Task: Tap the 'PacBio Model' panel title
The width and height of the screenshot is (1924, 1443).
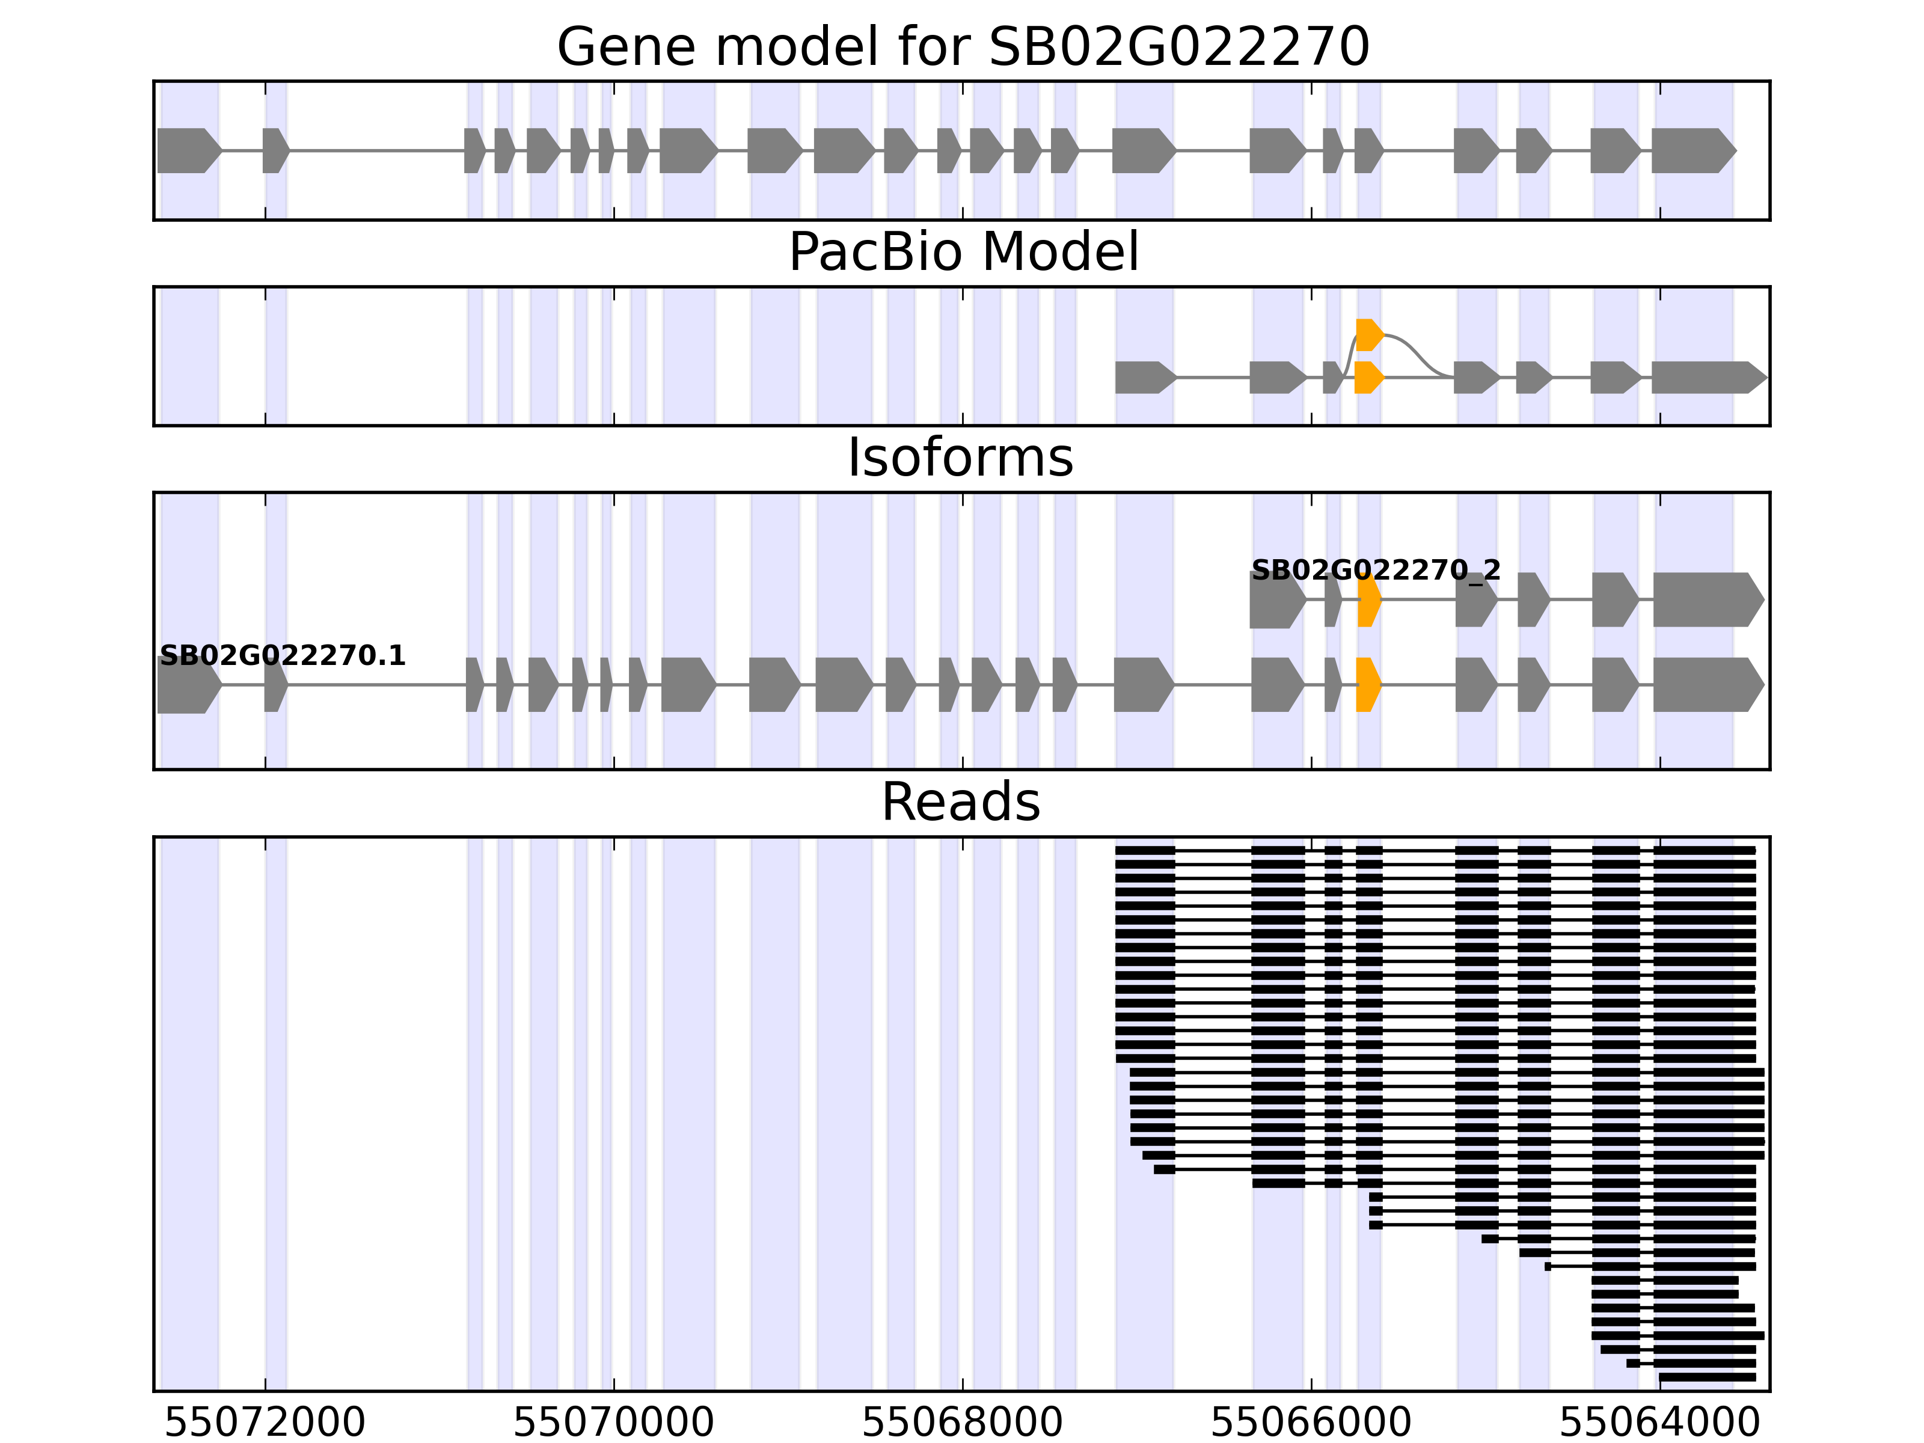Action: (963, 253)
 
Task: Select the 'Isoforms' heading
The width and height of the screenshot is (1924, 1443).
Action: (960, 458)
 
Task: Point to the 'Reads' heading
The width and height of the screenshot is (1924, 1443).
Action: (960, 802)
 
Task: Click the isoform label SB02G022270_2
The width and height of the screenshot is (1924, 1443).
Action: (1375, 571)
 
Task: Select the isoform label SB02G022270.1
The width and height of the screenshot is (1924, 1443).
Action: (283, 656)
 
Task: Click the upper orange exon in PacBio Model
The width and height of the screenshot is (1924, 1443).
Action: (1368, 335)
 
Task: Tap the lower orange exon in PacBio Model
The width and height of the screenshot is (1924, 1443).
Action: (1368, 378)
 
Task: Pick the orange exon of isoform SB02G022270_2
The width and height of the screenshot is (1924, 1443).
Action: (1368, 599)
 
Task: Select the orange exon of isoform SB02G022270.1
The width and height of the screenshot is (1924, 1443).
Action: (1367, 685)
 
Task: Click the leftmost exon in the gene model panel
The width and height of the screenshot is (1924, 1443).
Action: (187, 150)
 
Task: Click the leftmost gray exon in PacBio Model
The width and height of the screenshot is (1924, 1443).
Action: (1143, 378)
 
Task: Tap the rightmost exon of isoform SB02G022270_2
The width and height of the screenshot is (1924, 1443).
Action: (1706, 599)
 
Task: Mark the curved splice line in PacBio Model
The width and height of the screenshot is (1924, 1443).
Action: (1418, 348)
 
